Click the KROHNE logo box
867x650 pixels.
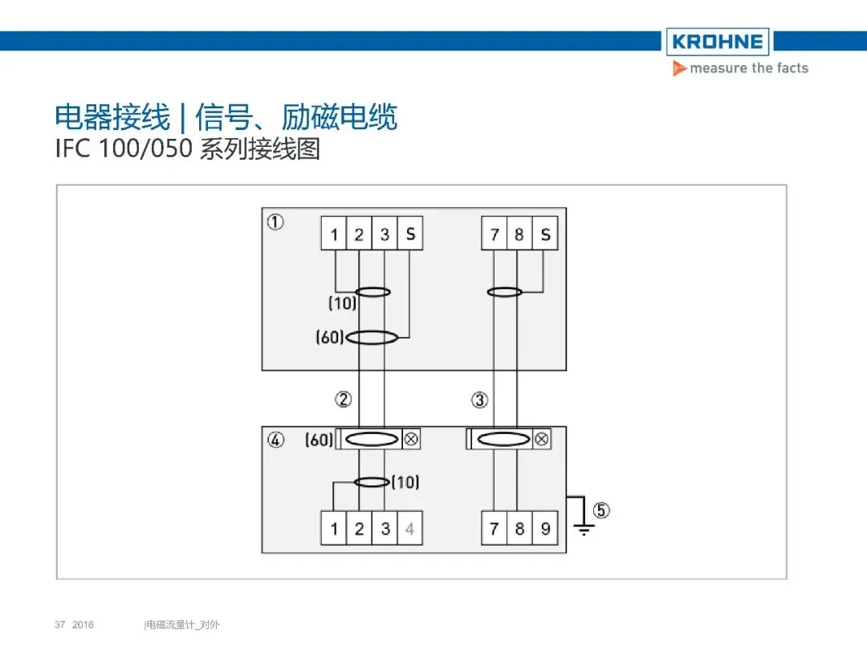click(x=717, y=42)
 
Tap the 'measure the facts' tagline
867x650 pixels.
click(x=748, y=68)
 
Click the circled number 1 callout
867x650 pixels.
click(x=275, y=222)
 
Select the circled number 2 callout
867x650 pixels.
click(x=343, y=399)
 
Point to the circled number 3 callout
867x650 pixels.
click(x=479, y=399)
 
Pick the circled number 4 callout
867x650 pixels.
click(x=275, y=440)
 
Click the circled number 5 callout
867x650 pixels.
click(x=600, y=510)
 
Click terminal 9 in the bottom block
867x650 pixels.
click(x=545, y=529)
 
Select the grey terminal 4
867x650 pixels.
click(x=409, y=529)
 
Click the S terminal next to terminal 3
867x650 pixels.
click(x=410, y=234)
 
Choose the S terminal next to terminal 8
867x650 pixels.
click(x=545, y=234)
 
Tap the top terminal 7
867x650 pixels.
click(x=495, y=234)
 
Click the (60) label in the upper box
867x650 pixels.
click(x=330, y=338)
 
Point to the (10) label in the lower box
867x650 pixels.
click(x=405, y=482)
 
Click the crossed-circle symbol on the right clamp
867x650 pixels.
click(x=542, y=439)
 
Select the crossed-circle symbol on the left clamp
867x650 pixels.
click(x=410, y=439)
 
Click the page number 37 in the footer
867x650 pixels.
click(x=59, y=624)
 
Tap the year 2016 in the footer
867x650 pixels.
click(x=83, y=624)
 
